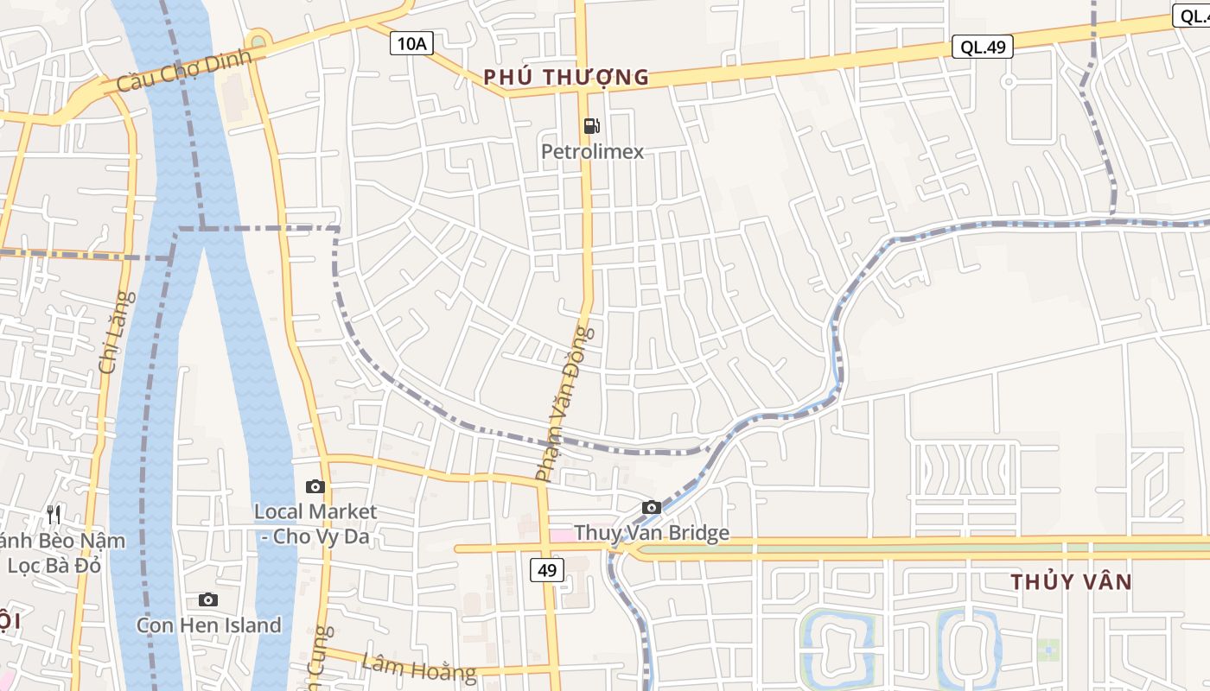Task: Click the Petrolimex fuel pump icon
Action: tap(591, 126)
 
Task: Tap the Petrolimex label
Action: tap(592, 152)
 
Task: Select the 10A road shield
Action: tap(411, 43)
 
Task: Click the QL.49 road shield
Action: tap(982, 47)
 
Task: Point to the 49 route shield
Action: tap(546, 570)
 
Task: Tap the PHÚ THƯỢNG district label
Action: tap(566, 77)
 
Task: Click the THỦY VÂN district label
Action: tap(1071, 581)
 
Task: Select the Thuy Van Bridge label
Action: tap(651, 533)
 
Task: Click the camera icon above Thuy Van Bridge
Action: tap(652, 507)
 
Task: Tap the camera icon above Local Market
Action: tap(315, 486)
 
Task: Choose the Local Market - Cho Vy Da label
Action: tap(315, 523)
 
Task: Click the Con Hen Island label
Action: tap(208, 624)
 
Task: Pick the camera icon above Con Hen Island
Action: tap(208, 599)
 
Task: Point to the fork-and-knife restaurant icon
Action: tap(54, 515)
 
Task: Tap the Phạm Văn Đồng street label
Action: tap(565, 403)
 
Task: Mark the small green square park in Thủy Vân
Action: tap(1048, 649)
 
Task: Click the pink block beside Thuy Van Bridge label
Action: tap(562, 536)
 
